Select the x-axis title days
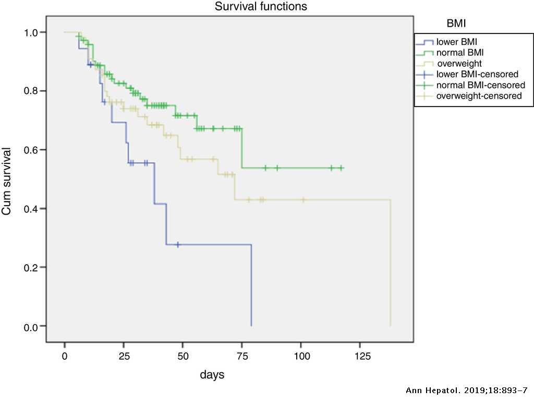click(x=213, y=374)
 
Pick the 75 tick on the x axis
click(x=241, y=356)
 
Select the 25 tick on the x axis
click(x=124, y=356)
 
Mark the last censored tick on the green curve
click(x=341, y=168)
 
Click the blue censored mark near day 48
click(x=178, y=244)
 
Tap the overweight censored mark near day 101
click(x=303, y=199)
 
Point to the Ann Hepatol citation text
click(x=466, y=391)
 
